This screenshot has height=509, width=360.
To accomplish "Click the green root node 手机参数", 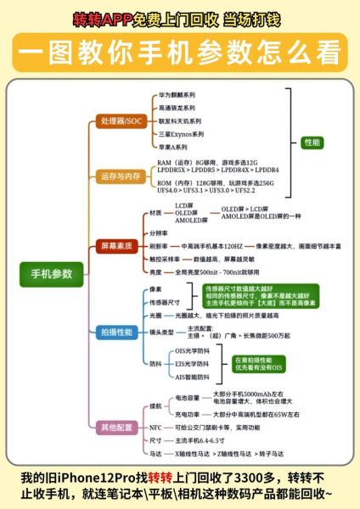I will click(52, 273).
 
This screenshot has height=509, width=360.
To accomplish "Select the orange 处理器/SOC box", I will click(121, 122).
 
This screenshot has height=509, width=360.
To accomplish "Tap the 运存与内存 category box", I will click(121, 176).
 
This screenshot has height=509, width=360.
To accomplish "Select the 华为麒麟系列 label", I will click(177, 94).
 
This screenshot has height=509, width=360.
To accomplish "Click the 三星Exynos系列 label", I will click(181, 134).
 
